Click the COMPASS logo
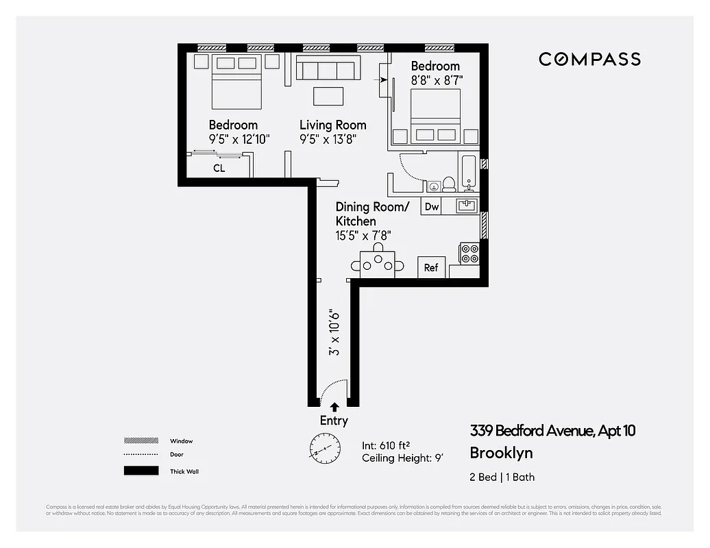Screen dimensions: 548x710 pos(589,59)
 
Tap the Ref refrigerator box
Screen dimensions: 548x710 pos(431,268)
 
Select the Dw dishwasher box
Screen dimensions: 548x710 pos(431,207)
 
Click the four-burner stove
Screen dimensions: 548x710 pos(469,254)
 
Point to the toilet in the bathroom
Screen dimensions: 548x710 pos(449,184)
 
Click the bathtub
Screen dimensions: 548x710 pos(469,173)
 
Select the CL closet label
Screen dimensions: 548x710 pos(219,168)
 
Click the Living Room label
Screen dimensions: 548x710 pos(332,125)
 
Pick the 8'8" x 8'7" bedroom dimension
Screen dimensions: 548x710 pos(437,80)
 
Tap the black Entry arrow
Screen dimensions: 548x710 pos(334,407)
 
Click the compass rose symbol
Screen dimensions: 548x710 pos(323,449)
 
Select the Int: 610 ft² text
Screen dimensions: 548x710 pos(391,445)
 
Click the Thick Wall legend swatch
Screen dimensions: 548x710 pos(141,471)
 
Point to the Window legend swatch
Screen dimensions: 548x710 pos(141,441)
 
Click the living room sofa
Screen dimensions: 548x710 pos(328,69)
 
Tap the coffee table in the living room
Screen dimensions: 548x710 pos(328,96)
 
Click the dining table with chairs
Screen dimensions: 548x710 pos(378,262)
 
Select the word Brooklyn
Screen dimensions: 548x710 pos(501,453)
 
